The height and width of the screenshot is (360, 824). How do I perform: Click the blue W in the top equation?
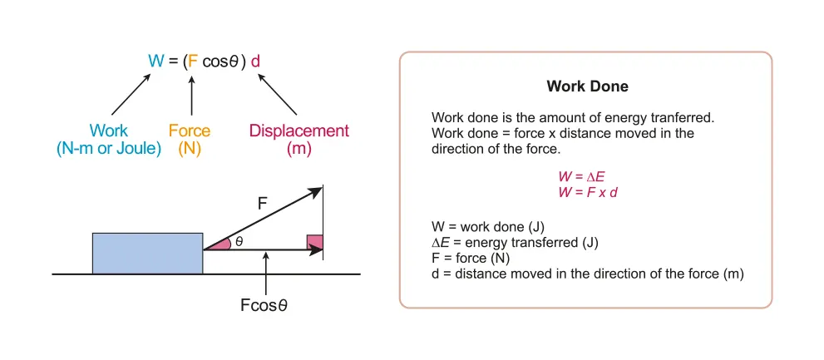click(155, 61)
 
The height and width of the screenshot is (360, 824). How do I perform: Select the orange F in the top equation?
click(193, 61)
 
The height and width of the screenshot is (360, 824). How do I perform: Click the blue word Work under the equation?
click(109, 131)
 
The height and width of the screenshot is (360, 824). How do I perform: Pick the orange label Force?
click(190, 131)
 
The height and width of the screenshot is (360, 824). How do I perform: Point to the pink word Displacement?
click(299, 131)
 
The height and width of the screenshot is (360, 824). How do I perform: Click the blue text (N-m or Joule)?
click(109, 150)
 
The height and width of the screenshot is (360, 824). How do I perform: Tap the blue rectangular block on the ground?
click(147, 253)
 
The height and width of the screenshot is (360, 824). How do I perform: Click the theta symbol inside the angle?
click(239, 242)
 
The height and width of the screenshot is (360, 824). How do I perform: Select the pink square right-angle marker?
click(314, 242)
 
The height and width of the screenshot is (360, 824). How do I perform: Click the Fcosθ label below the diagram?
click(264, 304)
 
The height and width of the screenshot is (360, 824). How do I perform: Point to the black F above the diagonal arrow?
click(263, 202)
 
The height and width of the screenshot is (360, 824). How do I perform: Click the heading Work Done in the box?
click(587, 86)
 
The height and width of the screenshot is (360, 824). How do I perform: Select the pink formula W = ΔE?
click(587, 176)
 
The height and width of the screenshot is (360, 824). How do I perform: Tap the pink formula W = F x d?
click(587, 191)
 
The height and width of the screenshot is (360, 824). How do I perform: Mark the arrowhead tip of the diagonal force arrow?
click(321, 188)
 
